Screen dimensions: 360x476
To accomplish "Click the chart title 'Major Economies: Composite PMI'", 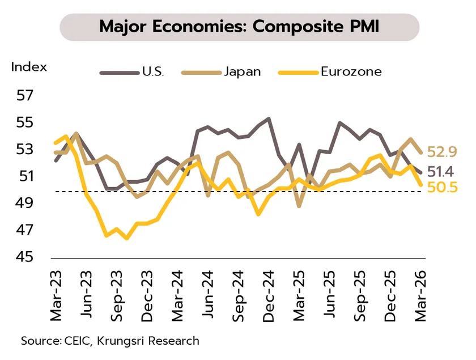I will point(239,27).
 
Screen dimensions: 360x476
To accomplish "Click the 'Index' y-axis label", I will point(29,67).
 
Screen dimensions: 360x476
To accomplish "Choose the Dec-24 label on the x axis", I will point(268,295).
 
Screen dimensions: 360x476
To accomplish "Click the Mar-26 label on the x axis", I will point(420,295).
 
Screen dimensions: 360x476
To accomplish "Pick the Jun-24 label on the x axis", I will point(207,295).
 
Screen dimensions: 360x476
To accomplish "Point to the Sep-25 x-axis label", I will point(359,295).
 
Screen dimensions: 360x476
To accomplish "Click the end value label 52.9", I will point(442,151).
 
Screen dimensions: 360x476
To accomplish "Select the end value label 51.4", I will point(442,171).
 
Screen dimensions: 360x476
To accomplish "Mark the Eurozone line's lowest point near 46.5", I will point(126,238).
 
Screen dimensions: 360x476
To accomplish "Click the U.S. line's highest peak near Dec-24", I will point(268,118).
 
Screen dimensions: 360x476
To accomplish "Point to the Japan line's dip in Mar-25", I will point(299,206).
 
